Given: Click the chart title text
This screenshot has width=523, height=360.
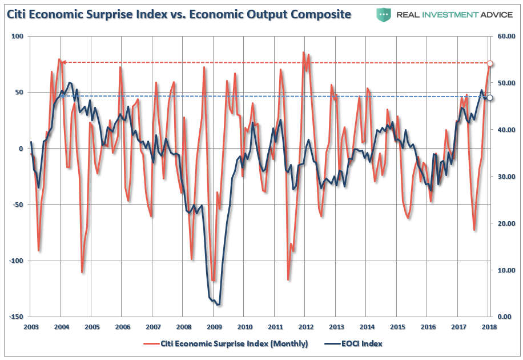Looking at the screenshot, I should coord(179,14).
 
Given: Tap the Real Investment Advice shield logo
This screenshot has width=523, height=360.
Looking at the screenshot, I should coord(383,14).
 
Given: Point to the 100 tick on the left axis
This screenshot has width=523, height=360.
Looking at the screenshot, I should coord(17,36).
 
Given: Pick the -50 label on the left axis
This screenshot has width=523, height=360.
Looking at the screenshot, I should coord(17,205).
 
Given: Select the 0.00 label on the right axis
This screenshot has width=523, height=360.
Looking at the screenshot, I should coord(504,317).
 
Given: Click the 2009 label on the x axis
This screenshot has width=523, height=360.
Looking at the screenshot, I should coord(214,327).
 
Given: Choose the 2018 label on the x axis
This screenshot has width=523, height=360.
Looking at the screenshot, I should coord(489,327).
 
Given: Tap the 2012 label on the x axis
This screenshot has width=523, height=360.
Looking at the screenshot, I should coord(306,327).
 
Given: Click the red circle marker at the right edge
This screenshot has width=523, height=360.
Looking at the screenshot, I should coord(489,63).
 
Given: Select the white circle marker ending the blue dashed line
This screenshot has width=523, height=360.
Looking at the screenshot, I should coord(489,98).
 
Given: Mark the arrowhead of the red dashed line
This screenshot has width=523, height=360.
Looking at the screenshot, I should coord(63,62).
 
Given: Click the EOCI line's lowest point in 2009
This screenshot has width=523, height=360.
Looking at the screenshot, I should coord(218,305).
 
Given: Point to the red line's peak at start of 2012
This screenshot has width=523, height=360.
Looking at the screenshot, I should coord(304,53).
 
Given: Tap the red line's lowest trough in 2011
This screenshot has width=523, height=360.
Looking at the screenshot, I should coord(288,279).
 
